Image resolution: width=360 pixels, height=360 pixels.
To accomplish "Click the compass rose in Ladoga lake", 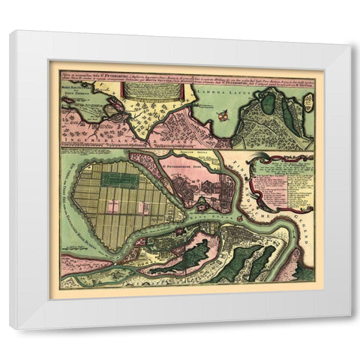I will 222,115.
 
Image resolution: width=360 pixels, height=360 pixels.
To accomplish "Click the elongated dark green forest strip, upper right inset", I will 288,116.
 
